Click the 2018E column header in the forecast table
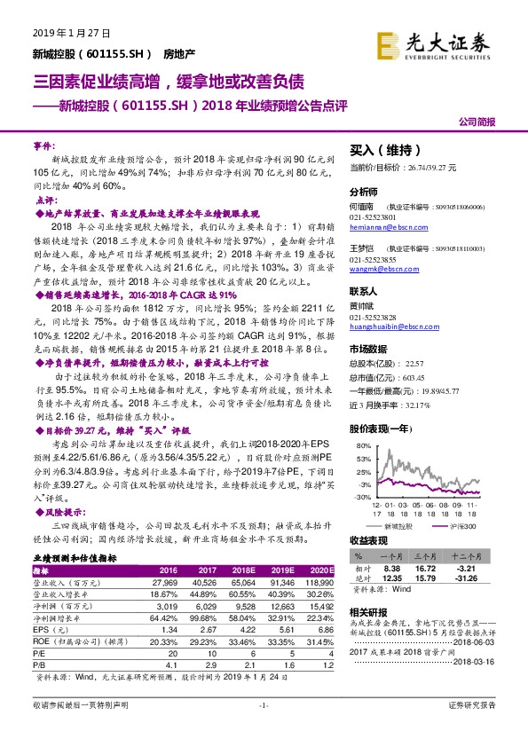(x=240, y=570)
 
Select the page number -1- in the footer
(x=263, y=729)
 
